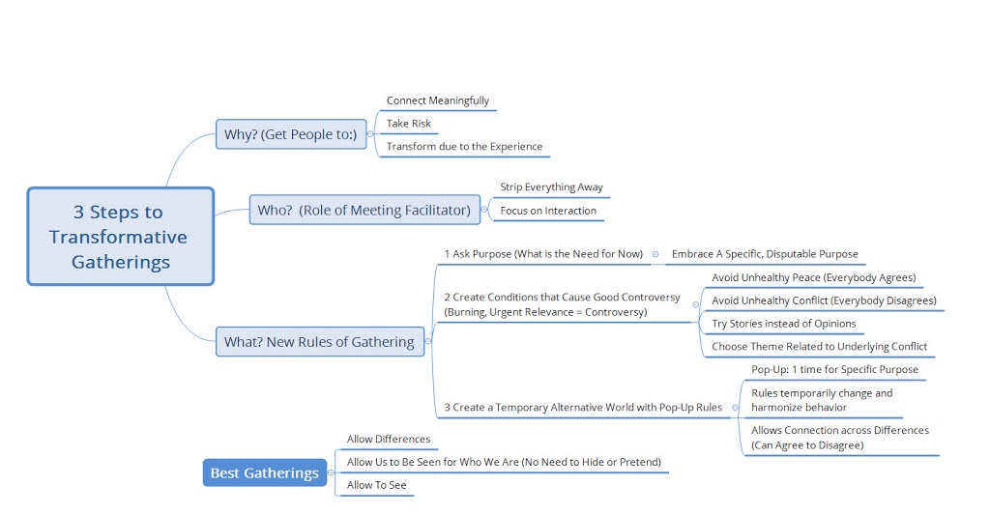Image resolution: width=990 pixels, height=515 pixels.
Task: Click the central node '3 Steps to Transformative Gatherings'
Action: [120, 237]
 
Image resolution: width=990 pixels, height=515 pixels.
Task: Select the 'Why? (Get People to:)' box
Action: [290, 134]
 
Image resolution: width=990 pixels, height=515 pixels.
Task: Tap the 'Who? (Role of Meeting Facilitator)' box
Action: [364, 210]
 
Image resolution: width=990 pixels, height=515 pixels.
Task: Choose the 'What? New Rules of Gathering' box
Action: [319, 341]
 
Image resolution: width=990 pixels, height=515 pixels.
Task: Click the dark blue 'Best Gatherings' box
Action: [264, 472]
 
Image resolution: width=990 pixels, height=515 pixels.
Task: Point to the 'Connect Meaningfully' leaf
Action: [438, 100]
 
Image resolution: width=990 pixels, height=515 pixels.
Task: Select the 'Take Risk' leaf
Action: [409, 124]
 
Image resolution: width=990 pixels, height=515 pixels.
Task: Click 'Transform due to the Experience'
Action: [464, 147]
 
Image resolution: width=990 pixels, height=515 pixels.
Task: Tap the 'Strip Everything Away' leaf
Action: [551, 186]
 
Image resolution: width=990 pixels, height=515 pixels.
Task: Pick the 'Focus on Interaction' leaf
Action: [548, 211]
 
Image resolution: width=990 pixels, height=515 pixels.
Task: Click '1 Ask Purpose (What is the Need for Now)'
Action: [543, 254]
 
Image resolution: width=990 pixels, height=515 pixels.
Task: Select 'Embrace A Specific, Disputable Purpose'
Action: [765, 254]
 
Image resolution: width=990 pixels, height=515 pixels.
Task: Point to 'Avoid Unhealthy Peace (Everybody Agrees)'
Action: [813, 277]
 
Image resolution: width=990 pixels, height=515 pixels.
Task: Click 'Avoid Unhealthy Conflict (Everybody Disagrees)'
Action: [824, 300]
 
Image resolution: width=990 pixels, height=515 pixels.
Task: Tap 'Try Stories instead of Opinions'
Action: [783, 324]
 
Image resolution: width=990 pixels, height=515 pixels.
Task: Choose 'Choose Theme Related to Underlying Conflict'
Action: [819, 347]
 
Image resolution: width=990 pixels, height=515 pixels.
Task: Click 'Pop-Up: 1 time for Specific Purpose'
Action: [834, 369]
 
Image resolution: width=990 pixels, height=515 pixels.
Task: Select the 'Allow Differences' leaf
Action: [389, 439]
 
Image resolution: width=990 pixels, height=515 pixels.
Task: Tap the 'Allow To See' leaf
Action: [376, 485]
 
